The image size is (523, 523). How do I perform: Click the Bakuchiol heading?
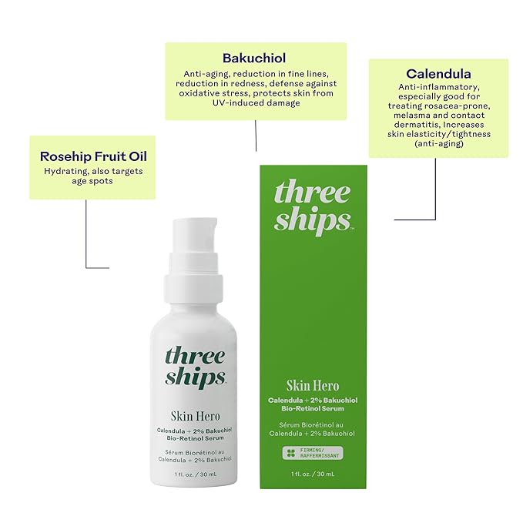(x=255, y=58)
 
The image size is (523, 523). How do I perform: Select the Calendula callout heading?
(x=438, y=74)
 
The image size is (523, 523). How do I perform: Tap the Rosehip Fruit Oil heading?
(x=93, y=156)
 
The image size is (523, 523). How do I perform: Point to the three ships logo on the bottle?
(x=195, y=367)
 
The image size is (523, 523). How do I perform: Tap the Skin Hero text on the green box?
(x=313, y=385)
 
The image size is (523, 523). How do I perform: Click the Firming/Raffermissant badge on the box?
(x=313, y=453)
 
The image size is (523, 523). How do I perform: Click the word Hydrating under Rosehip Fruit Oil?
(x=65, y=171)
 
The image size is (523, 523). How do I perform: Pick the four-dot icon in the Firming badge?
(x=290, y=453)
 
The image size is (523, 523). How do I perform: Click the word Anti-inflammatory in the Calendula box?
(x=438, y=87)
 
